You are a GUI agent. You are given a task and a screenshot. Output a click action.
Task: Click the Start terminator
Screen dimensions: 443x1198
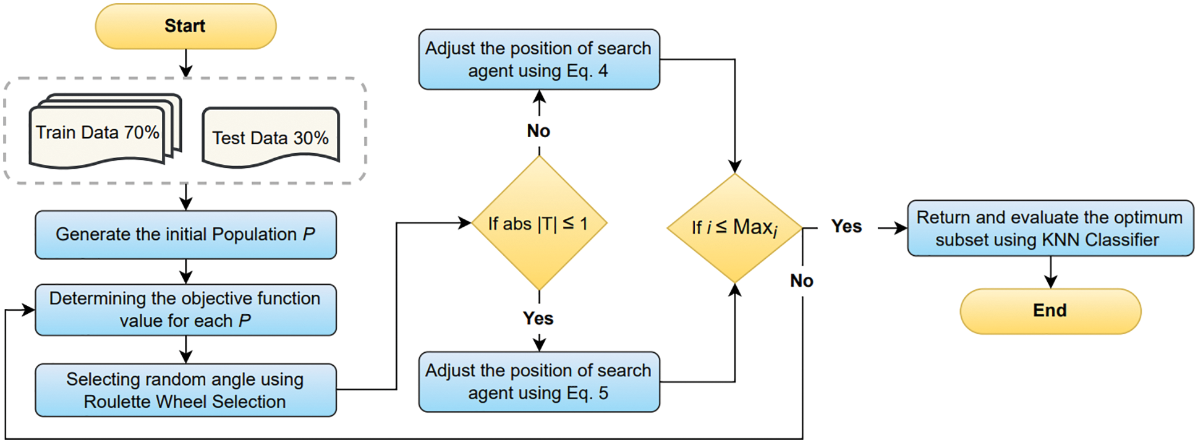(x=185, y=27)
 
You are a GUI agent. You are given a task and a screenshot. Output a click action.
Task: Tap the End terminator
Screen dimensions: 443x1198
(x=1050, y=311)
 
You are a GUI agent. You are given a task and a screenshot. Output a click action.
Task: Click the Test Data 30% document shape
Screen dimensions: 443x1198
(x=270, y=138)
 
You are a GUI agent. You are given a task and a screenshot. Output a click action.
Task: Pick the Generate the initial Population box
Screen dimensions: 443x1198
(x=185, y=235)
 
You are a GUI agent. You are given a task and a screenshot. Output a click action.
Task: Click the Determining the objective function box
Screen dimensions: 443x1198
(x=185, y=310)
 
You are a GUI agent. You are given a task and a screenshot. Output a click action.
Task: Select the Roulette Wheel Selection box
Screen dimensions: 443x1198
(x=185, y=390)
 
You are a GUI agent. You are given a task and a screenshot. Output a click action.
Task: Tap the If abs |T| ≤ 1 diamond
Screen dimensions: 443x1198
(x=538, y=224)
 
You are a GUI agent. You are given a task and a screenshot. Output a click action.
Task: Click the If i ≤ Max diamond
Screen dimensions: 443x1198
(x=734, y=228)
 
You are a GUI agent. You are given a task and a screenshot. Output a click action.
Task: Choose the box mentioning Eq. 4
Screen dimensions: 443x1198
(x=538, y=59)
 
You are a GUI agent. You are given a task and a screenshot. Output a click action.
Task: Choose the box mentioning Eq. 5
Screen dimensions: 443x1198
(x=538, y=382)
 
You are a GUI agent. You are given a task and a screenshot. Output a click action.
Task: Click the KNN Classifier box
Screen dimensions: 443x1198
(x=1050, y=228)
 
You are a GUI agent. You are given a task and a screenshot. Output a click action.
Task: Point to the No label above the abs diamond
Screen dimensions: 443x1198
(x=538, y=131)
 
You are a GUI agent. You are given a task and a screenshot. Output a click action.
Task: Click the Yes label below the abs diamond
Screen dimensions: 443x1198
(x=538, y=318)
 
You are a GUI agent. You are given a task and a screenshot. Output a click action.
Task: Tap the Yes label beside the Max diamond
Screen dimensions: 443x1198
(x=846, y=227)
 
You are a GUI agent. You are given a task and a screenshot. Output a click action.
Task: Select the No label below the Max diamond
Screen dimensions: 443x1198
(x=802, y=281)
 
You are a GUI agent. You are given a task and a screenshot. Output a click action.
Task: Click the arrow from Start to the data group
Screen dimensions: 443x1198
(x=185, y=63)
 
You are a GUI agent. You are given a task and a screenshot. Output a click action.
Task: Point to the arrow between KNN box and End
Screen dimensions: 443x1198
(x=1050, y=272)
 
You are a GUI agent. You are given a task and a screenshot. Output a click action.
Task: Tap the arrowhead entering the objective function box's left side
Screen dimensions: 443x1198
(x=28, y=310)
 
